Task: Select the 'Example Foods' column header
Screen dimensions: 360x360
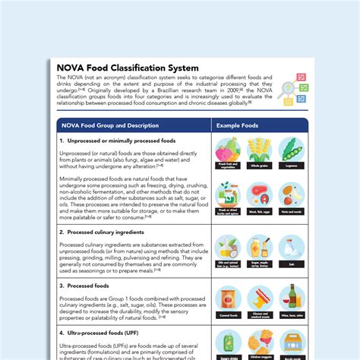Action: [237, 125]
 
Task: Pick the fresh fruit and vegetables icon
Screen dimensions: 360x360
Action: [228, 150]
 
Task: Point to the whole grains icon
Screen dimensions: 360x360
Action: [259, 150]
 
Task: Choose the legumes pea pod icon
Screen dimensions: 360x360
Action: [291, 150]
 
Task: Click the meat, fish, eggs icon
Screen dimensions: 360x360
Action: [259, 194]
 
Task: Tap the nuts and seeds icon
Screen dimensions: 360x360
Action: [291, 194]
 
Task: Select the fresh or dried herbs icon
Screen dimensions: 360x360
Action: [228, 194]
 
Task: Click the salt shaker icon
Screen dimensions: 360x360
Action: [291, 248]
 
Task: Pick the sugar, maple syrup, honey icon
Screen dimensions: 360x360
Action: [259, 248]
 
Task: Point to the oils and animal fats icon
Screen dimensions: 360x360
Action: [228, 248]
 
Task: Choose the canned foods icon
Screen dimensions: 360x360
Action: [228, 297]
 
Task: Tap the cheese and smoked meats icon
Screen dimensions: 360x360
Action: [259, 297]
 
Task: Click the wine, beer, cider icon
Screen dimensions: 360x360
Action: [291, 297]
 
